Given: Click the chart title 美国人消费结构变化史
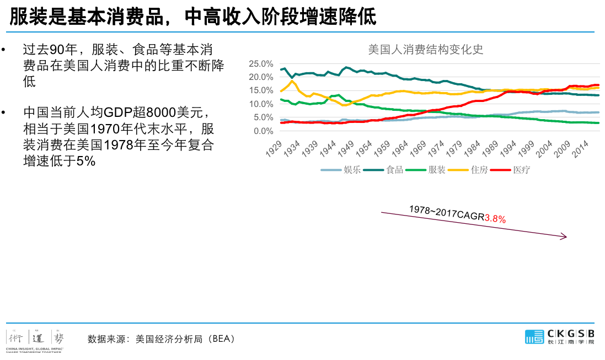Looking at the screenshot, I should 425,49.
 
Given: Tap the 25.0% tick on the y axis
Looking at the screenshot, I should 261,63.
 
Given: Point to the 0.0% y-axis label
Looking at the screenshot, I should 263,131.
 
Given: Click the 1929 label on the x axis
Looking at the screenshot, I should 274,148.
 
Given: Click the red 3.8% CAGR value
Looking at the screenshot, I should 495,219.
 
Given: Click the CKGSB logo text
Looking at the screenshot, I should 571,333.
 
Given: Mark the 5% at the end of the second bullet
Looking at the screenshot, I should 87,161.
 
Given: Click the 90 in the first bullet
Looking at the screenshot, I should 57,49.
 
